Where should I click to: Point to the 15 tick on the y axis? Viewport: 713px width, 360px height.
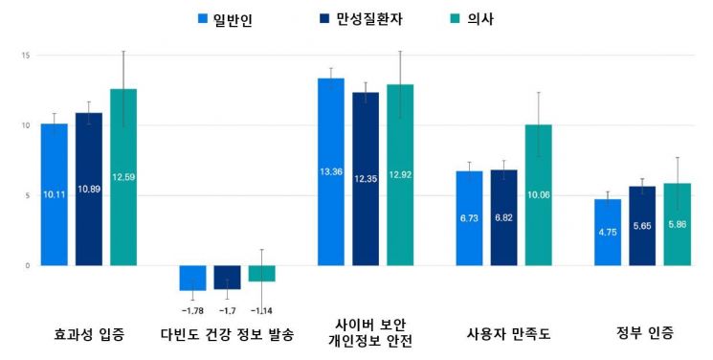[x=27, y=56]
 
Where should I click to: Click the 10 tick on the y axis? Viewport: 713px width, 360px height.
[x=27, y=125]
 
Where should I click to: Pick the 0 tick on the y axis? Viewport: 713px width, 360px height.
[x=29, y=265]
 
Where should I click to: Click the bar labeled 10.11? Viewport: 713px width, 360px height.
[x=55, y=194]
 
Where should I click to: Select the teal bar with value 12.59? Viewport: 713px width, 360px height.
[x=123, y=177]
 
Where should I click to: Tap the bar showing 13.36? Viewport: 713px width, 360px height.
[x=331, y=172]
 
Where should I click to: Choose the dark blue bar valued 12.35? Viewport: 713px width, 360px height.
[x=366, y=179]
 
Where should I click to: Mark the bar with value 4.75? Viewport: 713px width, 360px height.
[x=608, y=232]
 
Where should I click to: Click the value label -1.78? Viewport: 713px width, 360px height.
[x=192, y=309]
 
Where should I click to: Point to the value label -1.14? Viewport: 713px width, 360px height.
[x=261, y=309]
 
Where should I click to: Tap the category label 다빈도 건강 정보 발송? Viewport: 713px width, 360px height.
[x=227, y=334]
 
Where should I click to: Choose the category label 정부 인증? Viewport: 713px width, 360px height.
[x=644, y=333]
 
